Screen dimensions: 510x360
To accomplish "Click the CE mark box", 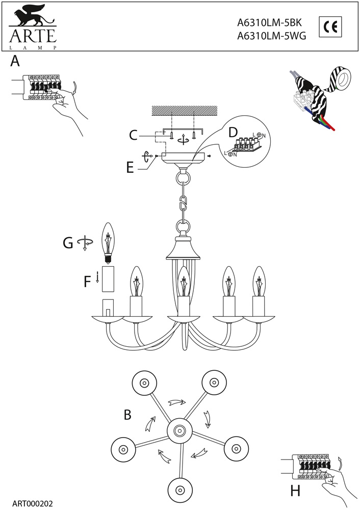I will pyautogui.click(x=330, y=27).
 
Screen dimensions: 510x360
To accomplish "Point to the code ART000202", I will pyautogui.click(x=32, y=503).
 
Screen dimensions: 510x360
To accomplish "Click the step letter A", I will pyautogui.click(x=15, y=62).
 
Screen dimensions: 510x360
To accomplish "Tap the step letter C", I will pyautogui.click(x=133, y=135).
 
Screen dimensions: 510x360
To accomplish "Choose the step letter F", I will pyautogui.click(x=87, y=281).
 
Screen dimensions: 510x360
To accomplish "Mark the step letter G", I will pyautogui.click(x=68, y=243).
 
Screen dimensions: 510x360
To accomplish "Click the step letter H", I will pyautogui.click(x=295, y=492).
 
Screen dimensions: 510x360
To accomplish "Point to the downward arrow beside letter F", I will pyautogui.click(x=97, y=278).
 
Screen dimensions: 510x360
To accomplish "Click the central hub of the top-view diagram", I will pyautogui.click(x=179, y=431).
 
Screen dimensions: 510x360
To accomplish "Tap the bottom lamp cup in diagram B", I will pyautogui.click(x=179, y=490).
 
